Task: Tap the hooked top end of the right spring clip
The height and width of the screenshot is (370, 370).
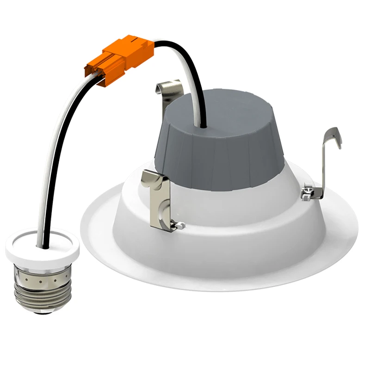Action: click(335, 136)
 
